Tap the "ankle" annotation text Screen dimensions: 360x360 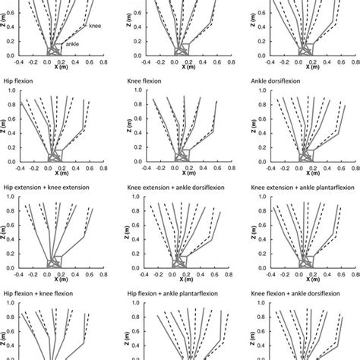point(73,44)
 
